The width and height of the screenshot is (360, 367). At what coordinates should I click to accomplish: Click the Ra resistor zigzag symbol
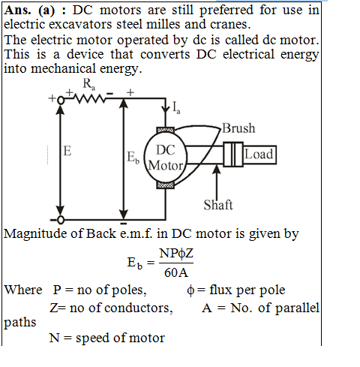coord(88,99)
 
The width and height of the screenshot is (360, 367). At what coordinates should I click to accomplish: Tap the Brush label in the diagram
coord(238,128)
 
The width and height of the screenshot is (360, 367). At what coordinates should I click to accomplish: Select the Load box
coord(259,155)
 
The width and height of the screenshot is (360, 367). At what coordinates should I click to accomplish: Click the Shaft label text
coord(218,205)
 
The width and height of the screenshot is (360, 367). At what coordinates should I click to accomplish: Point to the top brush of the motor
coord(165,130)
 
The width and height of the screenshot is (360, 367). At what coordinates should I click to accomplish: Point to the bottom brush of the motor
coord(165,185)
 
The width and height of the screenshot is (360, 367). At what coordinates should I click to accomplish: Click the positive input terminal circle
coord(61,100)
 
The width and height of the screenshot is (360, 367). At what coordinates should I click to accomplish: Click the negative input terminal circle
coord(61,220)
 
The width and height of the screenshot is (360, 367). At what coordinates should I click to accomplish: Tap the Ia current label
coord(176,108)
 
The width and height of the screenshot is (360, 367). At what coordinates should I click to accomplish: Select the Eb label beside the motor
coord(133,158)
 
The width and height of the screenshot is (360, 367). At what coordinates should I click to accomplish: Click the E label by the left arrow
coord(67,151)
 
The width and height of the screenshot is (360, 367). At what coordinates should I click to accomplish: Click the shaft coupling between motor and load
coord(233,155)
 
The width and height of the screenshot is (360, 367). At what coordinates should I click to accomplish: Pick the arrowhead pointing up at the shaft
coord(217,169)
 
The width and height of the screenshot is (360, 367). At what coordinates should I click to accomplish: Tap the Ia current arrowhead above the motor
coord(165,110)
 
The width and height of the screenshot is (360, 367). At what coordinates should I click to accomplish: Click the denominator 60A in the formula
coord(176,272)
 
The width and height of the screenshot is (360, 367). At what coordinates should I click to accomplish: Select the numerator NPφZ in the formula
coord(176,254)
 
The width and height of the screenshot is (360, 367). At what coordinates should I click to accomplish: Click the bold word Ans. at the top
coord(17,11)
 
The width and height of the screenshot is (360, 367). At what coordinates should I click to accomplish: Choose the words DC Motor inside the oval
coord(166,158)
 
